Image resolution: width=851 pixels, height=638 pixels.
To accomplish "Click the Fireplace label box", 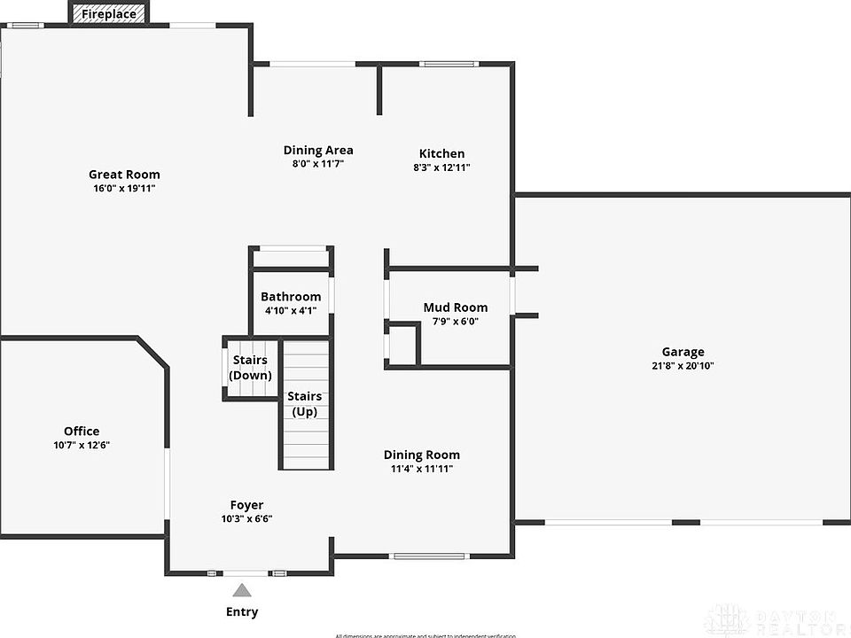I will pos(109,14).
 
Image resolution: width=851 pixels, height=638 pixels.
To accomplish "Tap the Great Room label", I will pos(124,175).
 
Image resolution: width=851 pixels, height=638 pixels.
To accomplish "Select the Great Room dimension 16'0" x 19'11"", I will pos(124,189).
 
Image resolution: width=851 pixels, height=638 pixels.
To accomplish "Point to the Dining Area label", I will pos(318,150).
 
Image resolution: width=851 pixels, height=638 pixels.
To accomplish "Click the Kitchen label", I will pos(441,153).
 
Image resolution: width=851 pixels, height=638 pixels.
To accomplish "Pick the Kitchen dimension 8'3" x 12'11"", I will pos(441,167).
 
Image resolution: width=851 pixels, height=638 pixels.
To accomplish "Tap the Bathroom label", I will pos(291,297).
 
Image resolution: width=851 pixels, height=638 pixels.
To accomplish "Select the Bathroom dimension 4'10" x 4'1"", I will pos(291,311).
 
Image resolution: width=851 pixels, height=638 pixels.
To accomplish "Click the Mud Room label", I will pos(455,307).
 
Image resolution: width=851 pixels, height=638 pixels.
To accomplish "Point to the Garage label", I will pos(683,352).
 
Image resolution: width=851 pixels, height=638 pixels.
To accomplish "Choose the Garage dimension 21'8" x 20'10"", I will pos(683,366).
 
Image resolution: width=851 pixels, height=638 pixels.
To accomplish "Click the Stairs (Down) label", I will pos(250,368).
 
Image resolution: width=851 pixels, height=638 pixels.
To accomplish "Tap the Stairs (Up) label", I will pos(305,404).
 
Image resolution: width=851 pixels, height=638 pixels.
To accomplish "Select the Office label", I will pos(82,432).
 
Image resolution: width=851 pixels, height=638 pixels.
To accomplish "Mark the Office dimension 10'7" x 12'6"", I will pos(82,446).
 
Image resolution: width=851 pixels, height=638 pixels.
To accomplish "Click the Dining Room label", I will pos(421,455).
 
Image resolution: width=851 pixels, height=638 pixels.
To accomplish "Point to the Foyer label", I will pos(246,505).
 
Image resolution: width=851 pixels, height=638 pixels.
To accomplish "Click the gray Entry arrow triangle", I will pos(242,591).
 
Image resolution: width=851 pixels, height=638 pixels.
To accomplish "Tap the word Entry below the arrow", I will pos(242,612).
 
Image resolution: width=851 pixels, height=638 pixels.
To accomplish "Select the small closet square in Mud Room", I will pos(403,344).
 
